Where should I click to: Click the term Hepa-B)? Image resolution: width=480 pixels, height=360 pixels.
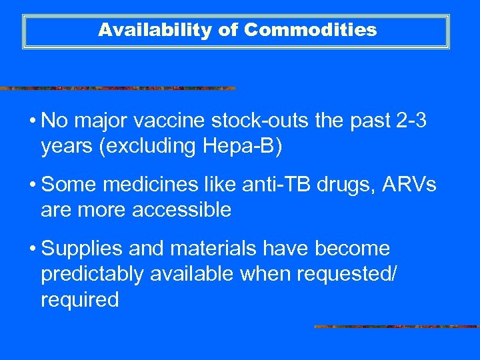click(250, 146)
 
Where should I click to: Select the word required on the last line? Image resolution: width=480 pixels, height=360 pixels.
click(79, 299)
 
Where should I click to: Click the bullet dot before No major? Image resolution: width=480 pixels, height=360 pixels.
click(31, 123)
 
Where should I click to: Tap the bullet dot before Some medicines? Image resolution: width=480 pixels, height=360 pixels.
click(31, 186)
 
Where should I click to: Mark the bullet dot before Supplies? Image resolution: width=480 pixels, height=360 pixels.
click(31, 249)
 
